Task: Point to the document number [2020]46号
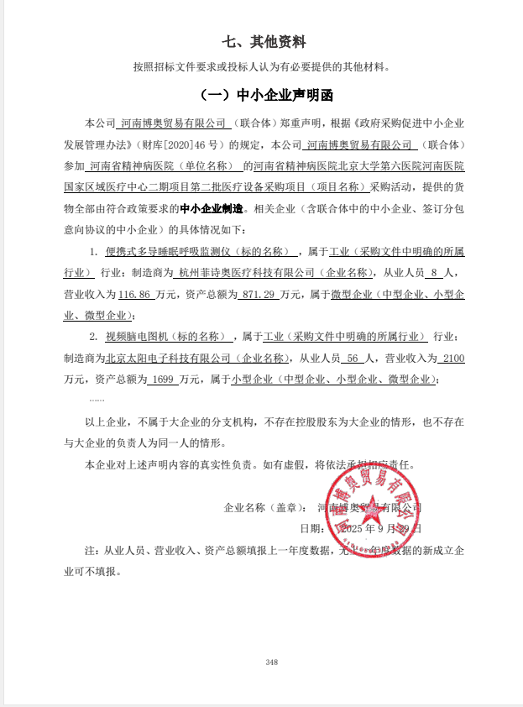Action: click(201, 144)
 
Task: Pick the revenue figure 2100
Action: click(452, 359)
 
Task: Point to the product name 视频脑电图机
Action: click(138, 338)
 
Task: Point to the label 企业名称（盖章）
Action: click(264, 508)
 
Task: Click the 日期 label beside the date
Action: click(311, 529)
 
